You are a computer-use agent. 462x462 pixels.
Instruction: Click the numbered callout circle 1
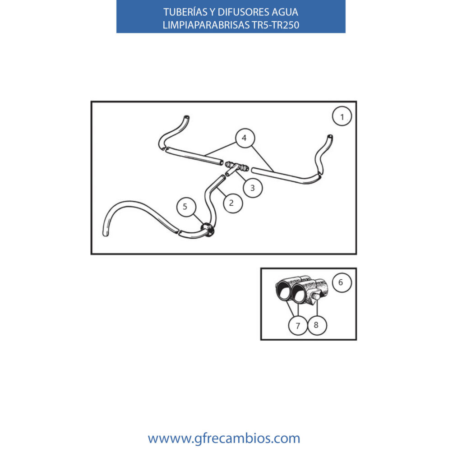[342, 116]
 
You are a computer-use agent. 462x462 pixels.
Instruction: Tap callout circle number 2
[233, 203]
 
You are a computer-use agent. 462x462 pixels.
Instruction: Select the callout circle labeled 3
[253, 188]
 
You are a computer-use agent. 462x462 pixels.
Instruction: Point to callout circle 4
[245, 138]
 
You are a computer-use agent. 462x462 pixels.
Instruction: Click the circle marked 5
[186, 207]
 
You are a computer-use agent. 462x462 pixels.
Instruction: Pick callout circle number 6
[342, 282]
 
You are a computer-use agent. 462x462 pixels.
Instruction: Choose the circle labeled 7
[298, 325]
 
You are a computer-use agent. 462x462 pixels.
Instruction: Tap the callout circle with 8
[317, 325]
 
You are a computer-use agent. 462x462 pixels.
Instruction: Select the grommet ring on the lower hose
[208, 230]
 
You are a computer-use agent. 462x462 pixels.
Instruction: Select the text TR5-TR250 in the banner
[276, 25]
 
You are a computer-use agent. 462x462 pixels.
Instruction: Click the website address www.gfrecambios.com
[224, 438]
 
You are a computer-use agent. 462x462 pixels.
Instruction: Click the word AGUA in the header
[285, 12]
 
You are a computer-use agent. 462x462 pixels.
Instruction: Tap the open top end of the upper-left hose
[186, 117]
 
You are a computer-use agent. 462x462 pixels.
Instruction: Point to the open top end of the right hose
[330, 137]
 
